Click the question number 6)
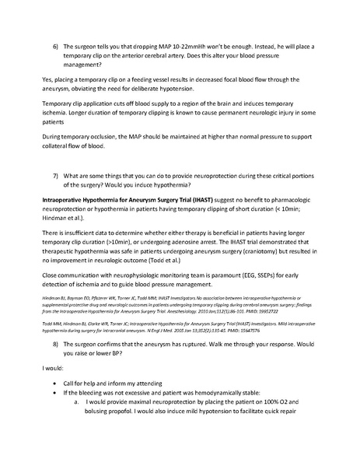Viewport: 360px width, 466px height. [x=56, y=47]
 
